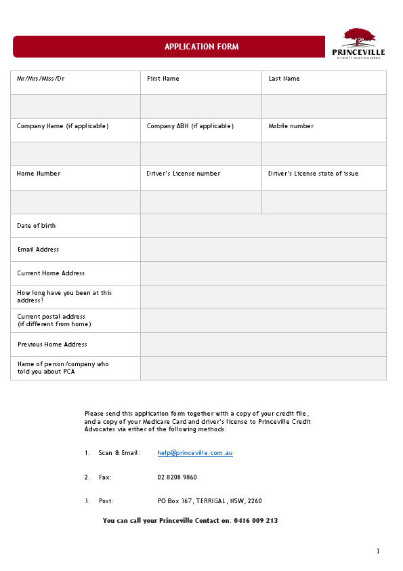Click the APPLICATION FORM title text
[201, 47]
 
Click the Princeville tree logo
[359, 37]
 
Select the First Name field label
[163, 79]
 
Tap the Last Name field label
[284, 79]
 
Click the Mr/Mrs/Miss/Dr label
[41, 79]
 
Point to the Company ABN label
[190, 126]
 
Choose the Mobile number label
[291, 126]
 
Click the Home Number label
[39, 174]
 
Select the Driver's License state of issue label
[313, 174]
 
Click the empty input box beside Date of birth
[263, 226]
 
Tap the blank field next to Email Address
[263, 250]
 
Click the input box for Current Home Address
[263, 273]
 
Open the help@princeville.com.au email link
[195, 453]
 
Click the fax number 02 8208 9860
[177, 477]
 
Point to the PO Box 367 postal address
[209, 501]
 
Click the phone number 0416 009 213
[256, 521]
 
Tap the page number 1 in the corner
[378, 551]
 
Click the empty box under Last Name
[324, 106]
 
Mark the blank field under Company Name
[75, 154]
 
